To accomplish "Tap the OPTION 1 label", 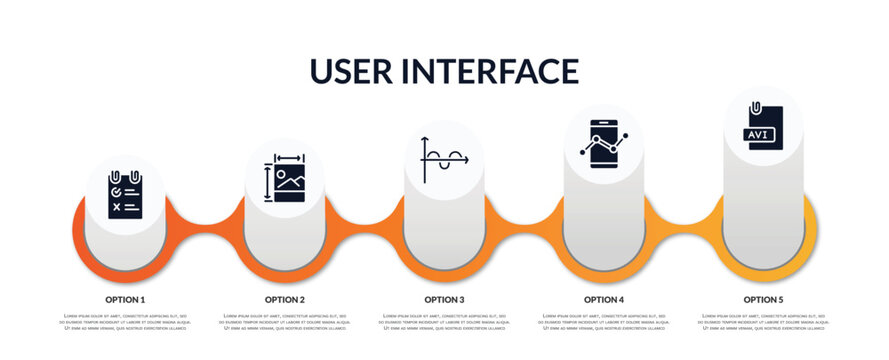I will click(x=125, y=299).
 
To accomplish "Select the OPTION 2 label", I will click(x=285, y=299).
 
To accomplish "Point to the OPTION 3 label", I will click(x=444, y=299).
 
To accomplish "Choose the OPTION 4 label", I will click(x=604, y=299).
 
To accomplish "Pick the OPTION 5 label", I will click(x=763, y=299).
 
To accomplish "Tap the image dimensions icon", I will click(x=285, y=178).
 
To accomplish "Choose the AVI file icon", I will click(x=763, y=127).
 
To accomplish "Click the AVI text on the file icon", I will click(x=758, y=134).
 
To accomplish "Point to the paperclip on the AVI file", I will click(x=757, y=106).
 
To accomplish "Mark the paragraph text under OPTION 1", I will click(x=125, y=322).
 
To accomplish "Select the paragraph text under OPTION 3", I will click(x=444, y=322).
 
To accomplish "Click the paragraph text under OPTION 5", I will click(x=763, y=322).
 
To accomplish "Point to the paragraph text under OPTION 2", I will click(x=285, y=322).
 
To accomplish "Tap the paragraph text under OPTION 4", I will click(x=604, y=322).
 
